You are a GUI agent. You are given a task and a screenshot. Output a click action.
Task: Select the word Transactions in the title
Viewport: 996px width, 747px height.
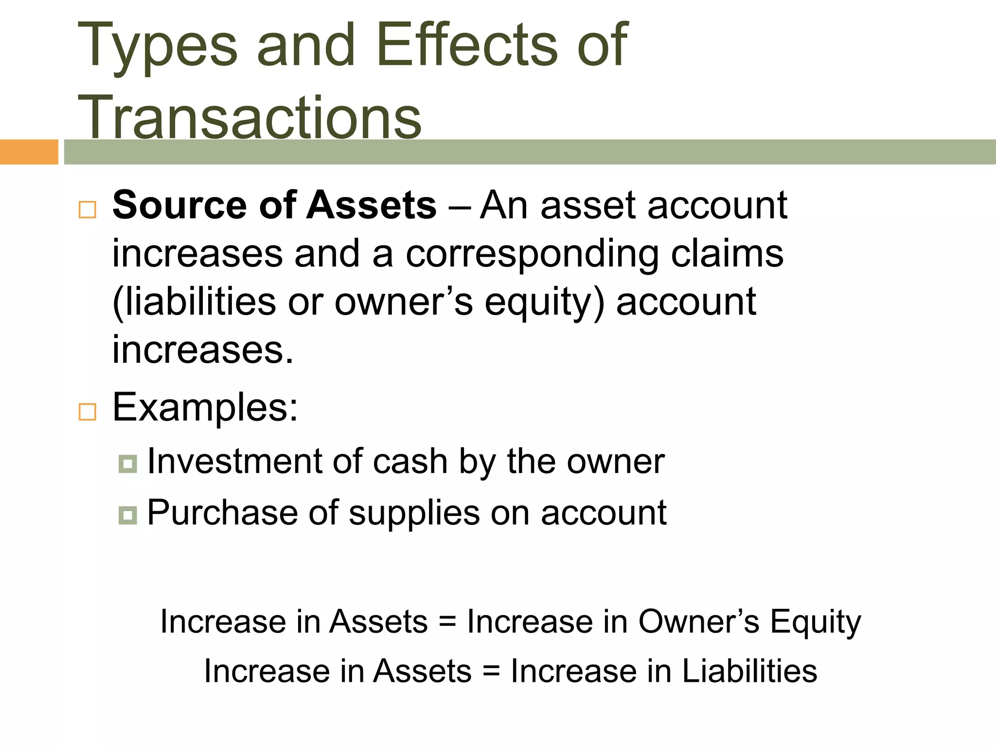(249, 118)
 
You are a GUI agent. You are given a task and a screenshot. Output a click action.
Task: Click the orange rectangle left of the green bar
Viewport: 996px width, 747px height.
(29, 152)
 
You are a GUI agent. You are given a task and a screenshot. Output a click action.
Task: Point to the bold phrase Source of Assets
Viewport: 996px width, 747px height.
(274, 205)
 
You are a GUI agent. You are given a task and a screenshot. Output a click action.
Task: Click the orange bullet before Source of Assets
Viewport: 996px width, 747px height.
(88, 210)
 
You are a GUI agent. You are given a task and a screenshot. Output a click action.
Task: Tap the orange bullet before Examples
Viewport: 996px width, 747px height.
(88, 412)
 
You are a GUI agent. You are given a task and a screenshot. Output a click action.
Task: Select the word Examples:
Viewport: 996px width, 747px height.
(205, 408)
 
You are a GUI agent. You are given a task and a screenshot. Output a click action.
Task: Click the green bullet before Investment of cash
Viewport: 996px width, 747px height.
(127, 464)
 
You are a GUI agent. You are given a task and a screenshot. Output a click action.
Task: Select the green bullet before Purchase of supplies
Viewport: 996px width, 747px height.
(127, 515)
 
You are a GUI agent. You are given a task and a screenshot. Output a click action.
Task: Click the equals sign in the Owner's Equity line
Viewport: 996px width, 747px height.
(447, 622)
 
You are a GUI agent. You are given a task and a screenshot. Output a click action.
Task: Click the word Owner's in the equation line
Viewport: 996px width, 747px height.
(698, 622)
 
